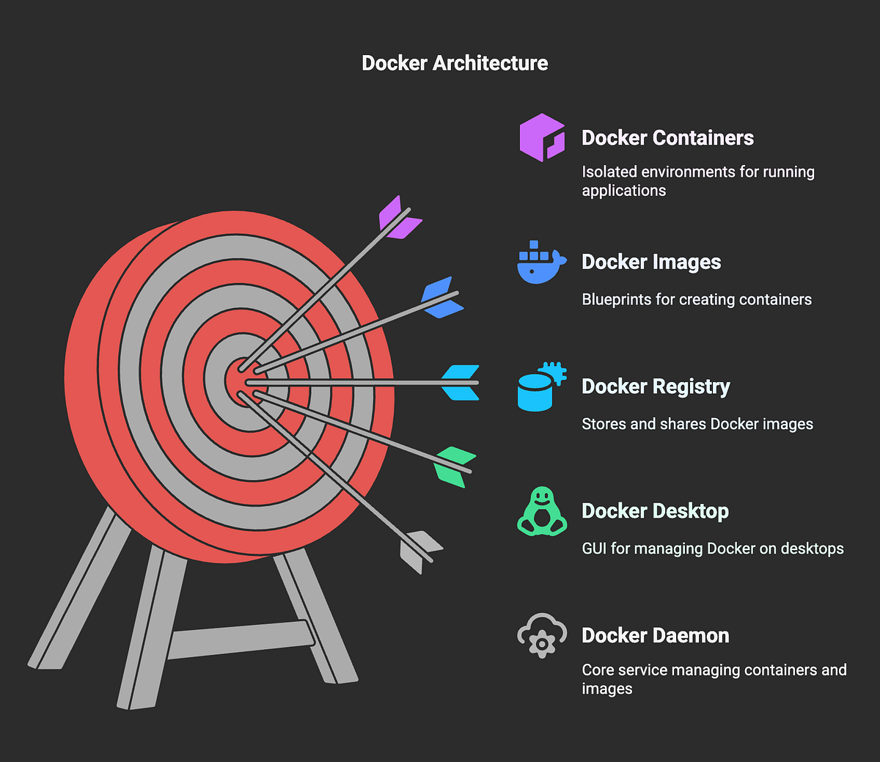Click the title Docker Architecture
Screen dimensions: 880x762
click(455, 63)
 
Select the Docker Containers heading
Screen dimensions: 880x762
click(667, 138)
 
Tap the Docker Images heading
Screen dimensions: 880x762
click(651, 262)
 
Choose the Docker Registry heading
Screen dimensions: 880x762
click(656, 387)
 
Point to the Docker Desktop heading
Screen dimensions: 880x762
click(655, 511)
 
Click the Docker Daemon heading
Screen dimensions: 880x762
click(655, 635)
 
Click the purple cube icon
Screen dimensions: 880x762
click(542, 137)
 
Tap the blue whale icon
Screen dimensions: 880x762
click(541, 263)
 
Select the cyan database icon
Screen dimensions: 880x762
click(541, 387)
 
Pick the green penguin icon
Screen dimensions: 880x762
click(541, 511)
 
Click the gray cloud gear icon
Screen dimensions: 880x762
click(541, 635)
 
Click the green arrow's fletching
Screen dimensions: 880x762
click(454, 466)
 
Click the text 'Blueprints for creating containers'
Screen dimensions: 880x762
click(696, 299)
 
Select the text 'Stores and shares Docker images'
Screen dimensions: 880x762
click(697, 424)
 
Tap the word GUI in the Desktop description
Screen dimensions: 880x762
click(593, 549)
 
